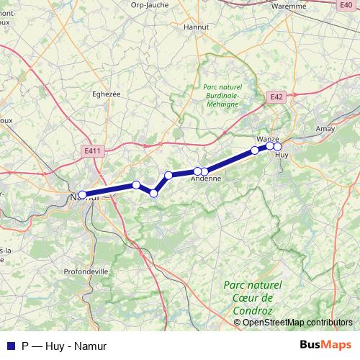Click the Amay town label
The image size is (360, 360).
[325, 128]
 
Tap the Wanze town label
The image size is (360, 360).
[267, 138]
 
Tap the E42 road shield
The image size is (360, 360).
[277, 96]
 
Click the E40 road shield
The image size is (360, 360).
[346, 4]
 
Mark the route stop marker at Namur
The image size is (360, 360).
[83, 194]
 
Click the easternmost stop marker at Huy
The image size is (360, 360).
[277, 147]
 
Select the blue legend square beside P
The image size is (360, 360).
[10, 345]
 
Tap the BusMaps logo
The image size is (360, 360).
[326, 345]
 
